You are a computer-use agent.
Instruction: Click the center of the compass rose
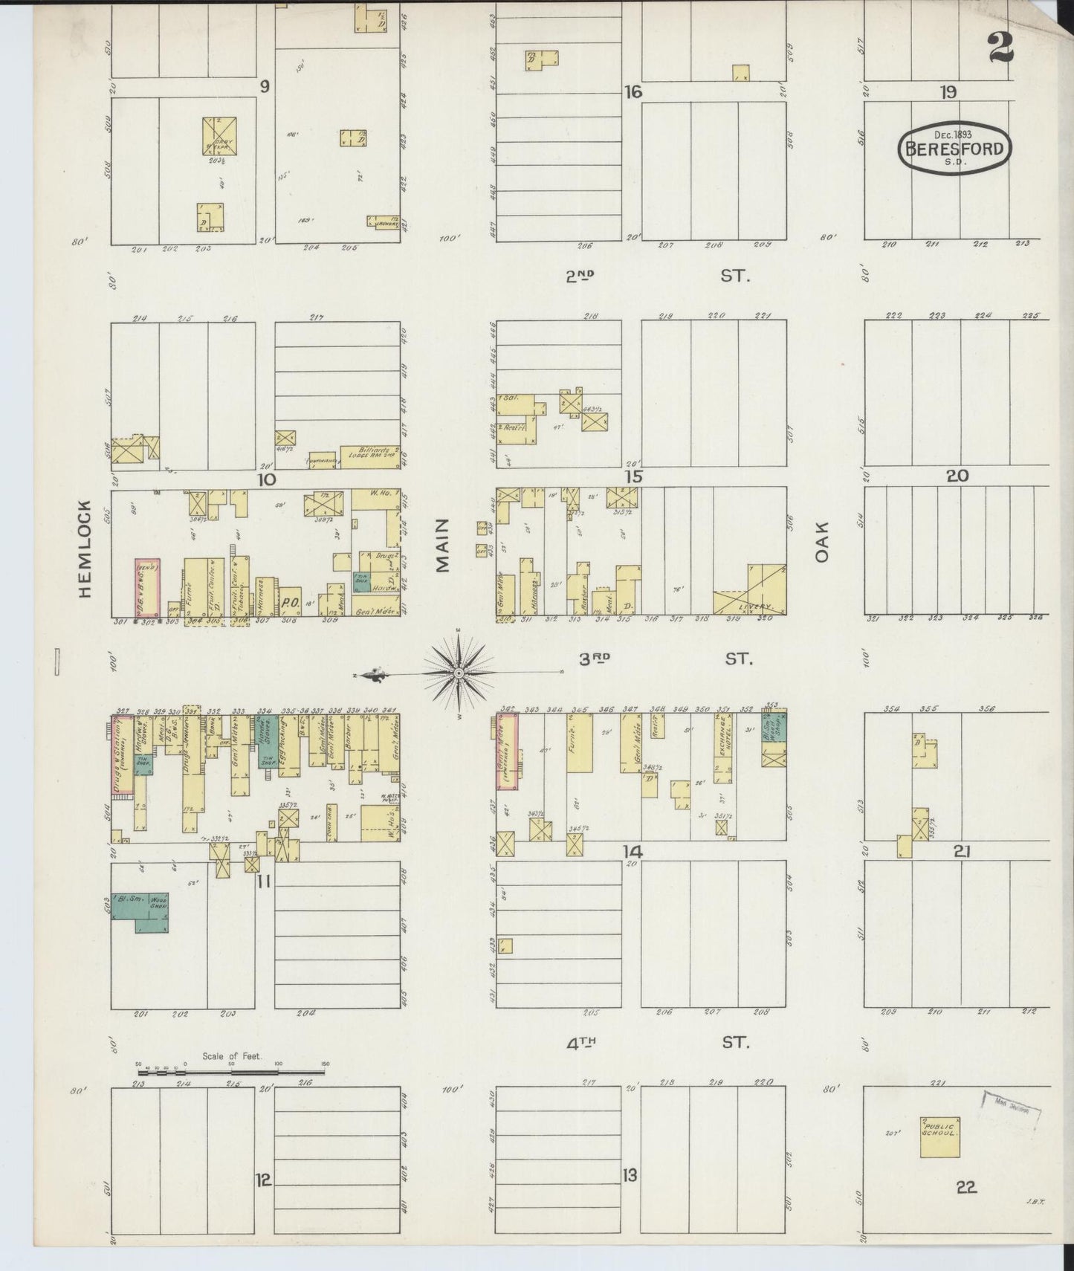pyautogui.click(x=459, y=673)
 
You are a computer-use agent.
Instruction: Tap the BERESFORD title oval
pyautogui.click(x=954, y=148)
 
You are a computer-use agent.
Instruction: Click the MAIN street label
pyautogui.click(x=443, y=551)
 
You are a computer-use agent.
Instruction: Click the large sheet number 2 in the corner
pyautogui.click(x=1000, y=48)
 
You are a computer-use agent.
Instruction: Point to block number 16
pyautogui.click(x=633, y=92)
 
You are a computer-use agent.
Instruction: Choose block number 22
pyautogui.click(x=966, y=1188)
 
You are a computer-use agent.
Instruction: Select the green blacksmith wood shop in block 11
pyautogui.click(x=140, y=912)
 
